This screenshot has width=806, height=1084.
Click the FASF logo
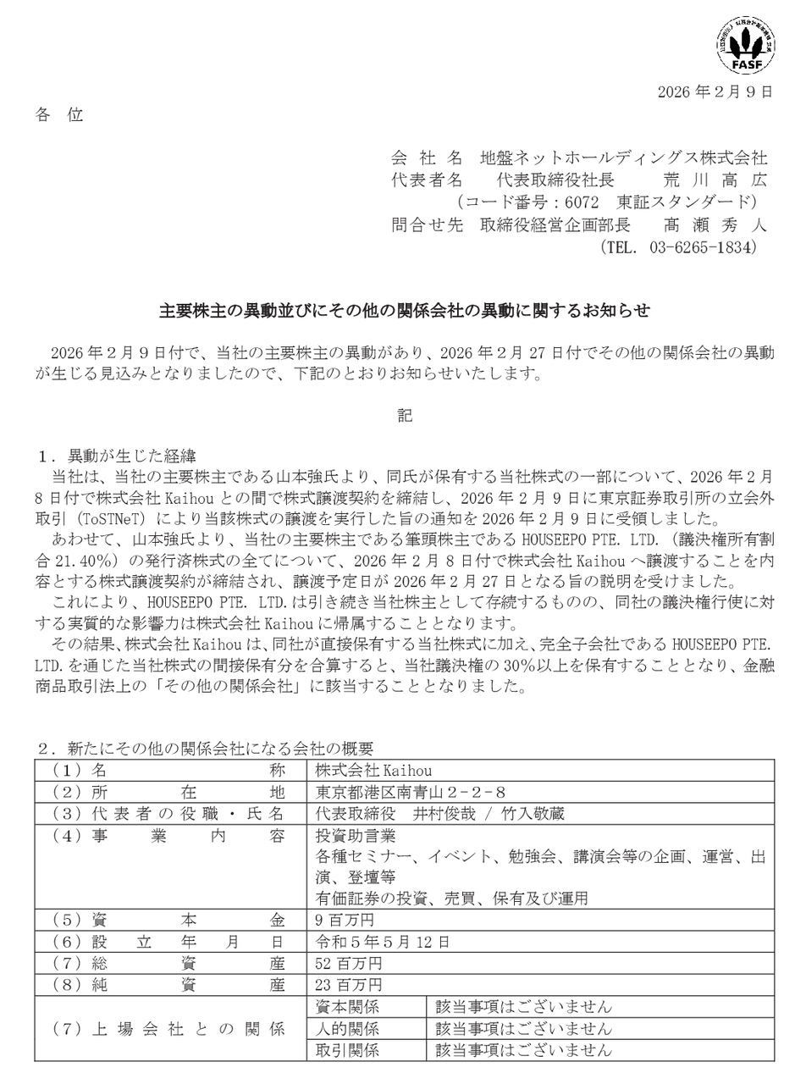746,46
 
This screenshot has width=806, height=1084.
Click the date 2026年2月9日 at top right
715,92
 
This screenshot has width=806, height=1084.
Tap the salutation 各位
59,115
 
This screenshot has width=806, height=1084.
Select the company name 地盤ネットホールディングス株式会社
623,158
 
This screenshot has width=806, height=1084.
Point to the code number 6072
585,202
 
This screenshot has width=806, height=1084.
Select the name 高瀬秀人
714,225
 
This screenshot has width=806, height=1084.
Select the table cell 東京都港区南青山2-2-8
411,793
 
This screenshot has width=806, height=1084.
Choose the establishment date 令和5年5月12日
383,942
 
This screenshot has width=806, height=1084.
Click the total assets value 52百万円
349,964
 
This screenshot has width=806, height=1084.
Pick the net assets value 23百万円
349,985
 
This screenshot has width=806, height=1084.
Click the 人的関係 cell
347,1029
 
